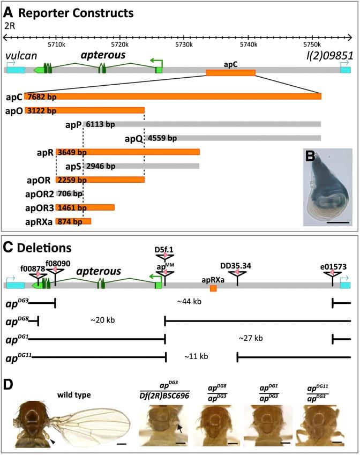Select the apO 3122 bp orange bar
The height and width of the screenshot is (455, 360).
point(84,111)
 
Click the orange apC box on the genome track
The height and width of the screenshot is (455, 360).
point(230,72)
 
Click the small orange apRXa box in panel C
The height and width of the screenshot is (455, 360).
point(213,289)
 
